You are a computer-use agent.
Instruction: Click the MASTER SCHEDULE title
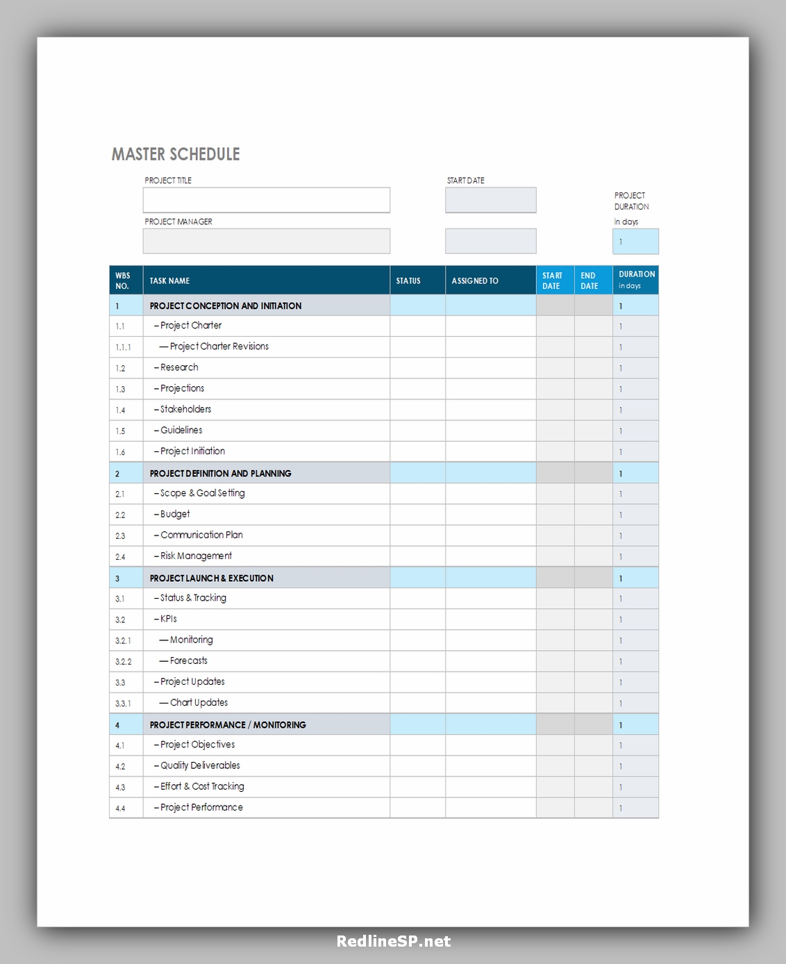click(x=176, y=154)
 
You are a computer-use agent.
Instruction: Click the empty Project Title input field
click(x=266, y=200)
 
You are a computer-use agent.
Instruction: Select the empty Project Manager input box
click(x=266, y=241)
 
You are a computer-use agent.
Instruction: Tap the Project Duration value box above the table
click(x=635, y=242)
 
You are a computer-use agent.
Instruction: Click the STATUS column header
click(x=408, y=281)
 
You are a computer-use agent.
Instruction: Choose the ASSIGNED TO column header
click(x=475, y=281)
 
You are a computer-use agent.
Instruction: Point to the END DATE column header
click(x=589, y=281)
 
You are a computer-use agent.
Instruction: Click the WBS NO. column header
click(x=123, y=281)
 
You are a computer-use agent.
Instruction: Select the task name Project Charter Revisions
click(x=219, y=347)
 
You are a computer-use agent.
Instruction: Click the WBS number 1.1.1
click(x=123, y=347)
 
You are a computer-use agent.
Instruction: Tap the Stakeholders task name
click(x=185, y=409)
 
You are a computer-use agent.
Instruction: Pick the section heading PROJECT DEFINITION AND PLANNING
click(x=220, y=474)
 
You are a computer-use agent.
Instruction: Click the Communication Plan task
click(x=201, y=535)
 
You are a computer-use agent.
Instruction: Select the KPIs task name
click(x=168, y=619)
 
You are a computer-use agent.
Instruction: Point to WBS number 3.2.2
click(x=123, y=662)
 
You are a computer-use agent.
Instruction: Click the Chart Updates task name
click(x=199, y=703)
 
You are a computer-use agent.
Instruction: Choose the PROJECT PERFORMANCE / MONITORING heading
click(x=228, y=725)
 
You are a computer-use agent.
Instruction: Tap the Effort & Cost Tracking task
click(x=202, y=786)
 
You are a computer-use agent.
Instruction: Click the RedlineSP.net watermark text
click(x=394, y=941)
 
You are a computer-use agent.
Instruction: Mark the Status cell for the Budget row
click(x=417, y=515)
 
